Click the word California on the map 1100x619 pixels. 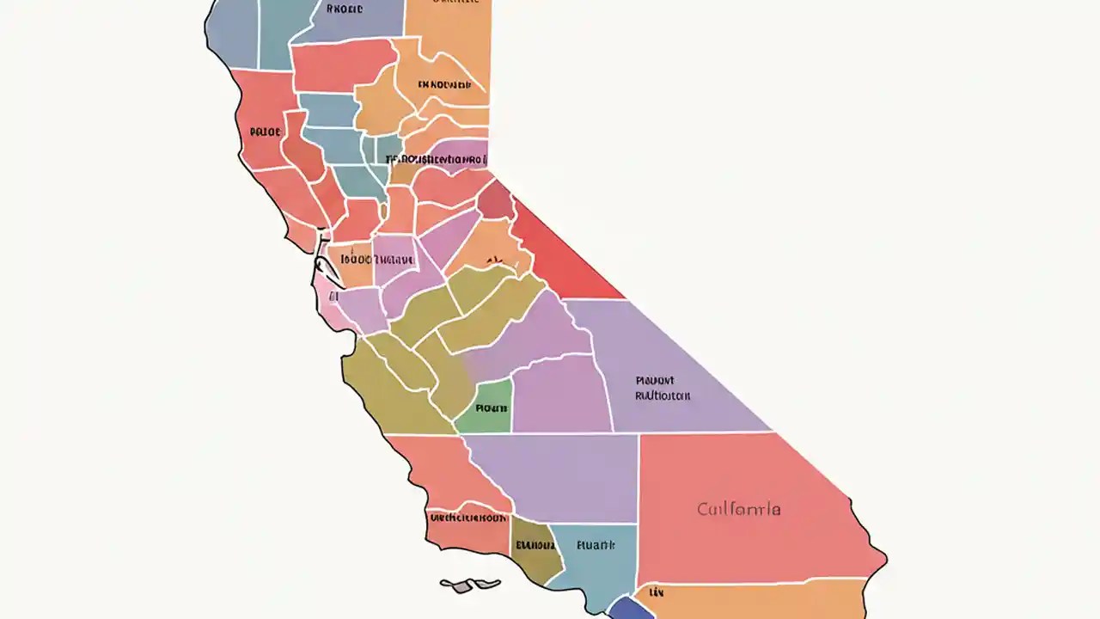coord(739,509)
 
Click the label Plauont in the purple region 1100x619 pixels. coord(655,380)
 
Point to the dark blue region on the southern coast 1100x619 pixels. coord(632,608)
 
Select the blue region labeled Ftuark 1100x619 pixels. coord(596,545)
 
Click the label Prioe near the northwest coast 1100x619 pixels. coord(265,132)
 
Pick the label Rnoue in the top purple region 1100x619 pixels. coord(345,9)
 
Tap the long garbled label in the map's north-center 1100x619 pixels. coord(436,159)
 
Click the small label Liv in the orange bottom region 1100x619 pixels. coord(656,592)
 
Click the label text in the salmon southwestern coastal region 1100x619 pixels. coord(467,518)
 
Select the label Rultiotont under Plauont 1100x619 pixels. coord(663,396)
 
